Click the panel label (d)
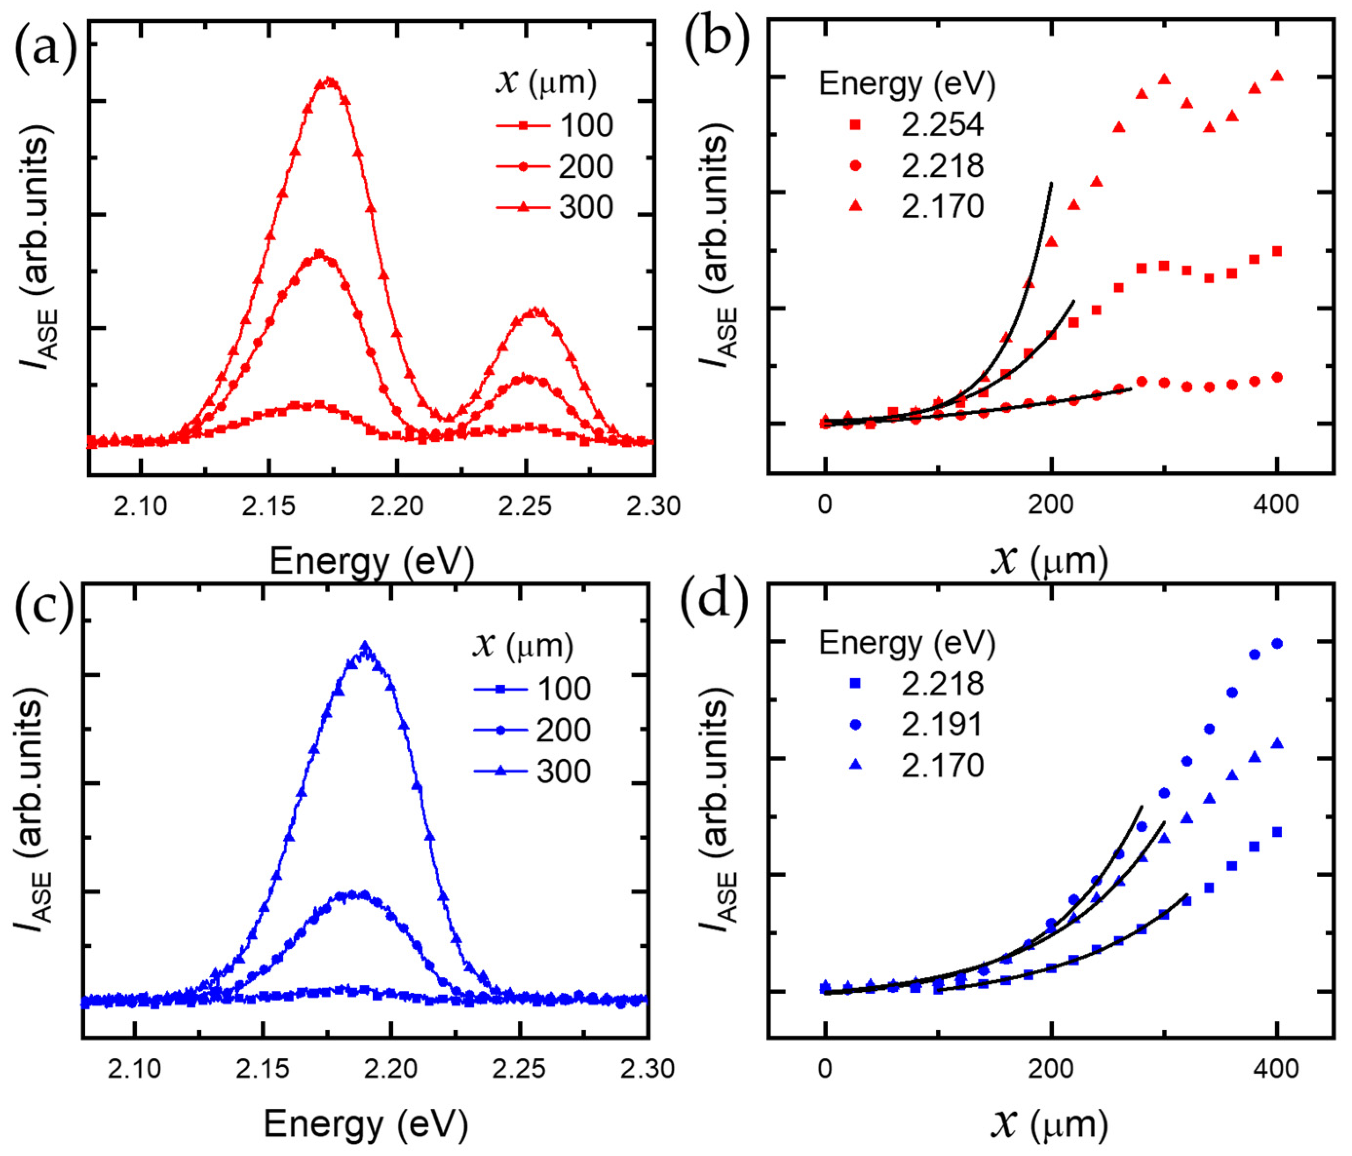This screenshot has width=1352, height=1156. [714, 599]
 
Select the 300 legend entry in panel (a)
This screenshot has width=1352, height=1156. [554, 207]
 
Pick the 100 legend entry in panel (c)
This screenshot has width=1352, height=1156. [532, 689]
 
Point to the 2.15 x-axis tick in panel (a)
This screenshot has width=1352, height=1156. [268, 506]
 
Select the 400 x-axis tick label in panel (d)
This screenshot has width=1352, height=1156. [1277, 1069]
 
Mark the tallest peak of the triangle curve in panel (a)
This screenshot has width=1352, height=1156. [328, 81]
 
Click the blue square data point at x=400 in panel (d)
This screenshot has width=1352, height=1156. [1277, 831]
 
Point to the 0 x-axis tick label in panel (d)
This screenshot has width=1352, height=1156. [825, 1069]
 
